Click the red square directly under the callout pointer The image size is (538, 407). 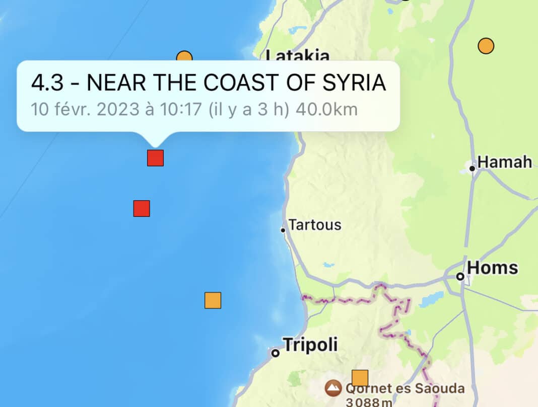pyautogui.click(x=155, y=158)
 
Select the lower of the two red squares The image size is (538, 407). pyautogui.click(x=142, y=208)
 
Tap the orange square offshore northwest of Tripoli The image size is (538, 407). pyautogui.click(x=213, y=300)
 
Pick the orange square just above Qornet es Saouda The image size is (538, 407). pyautogui.click(x=360, y=378)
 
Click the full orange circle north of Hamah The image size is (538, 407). pyautogui.click(x=486, y=46)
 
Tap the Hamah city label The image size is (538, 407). pyautogui.click(x=504, y=162)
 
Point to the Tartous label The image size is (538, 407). pyautogui.click(x=315, y=225)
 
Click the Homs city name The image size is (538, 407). pyautogui.click(x=492, y=268)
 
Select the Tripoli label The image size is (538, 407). pyautogui.click(x=310, y=345)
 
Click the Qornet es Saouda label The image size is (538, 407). pyautogui.click(x=405, y=388)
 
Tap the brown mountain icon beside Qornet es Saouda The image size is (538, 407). pyautogui.click(x=332, y=388)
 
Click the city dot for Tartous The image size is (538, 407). pyautogui.click(x=283, y=230)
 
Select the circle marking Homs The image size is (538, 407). pyautogui.click(x=460, y=276)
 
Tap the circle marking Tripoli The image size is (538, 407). pyautogui.click(x=276, y=353)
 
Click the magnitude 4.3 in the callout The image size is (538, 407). pyautogui.click(x=47, y=83)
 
